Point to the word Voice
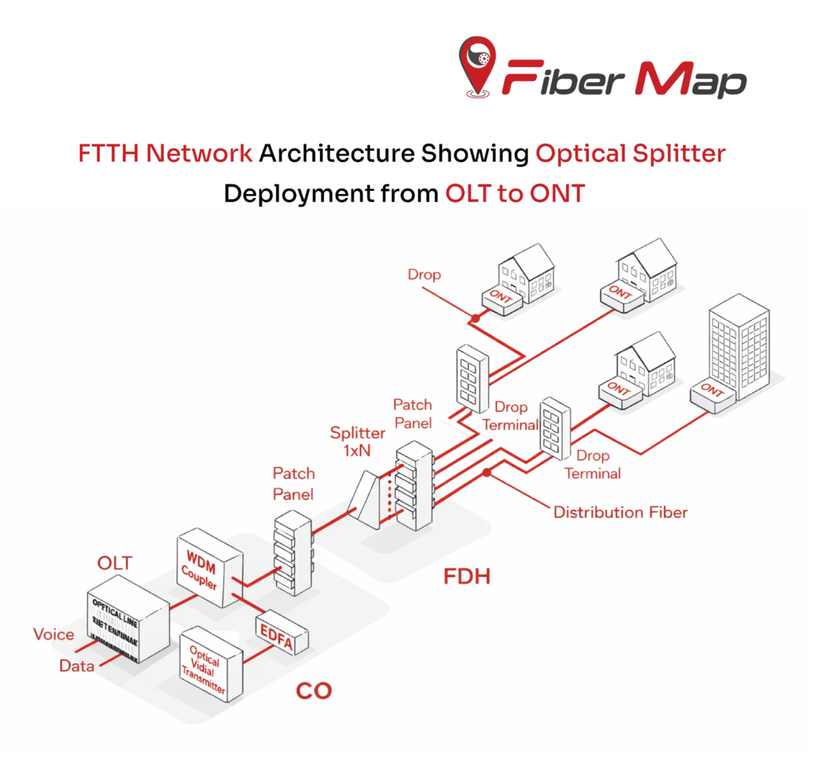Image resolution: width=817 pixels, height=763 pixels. [53, 635]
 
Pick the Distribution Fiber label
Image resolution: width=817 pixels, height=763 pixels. [620, 512]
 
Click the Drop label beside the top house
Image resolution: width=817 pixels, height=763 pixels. [424, 275]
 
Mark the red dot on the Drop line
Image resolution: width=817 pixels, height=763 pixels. [475, 318]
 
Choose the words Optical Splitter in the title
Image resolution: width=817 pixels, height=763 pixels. [630, 152]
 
